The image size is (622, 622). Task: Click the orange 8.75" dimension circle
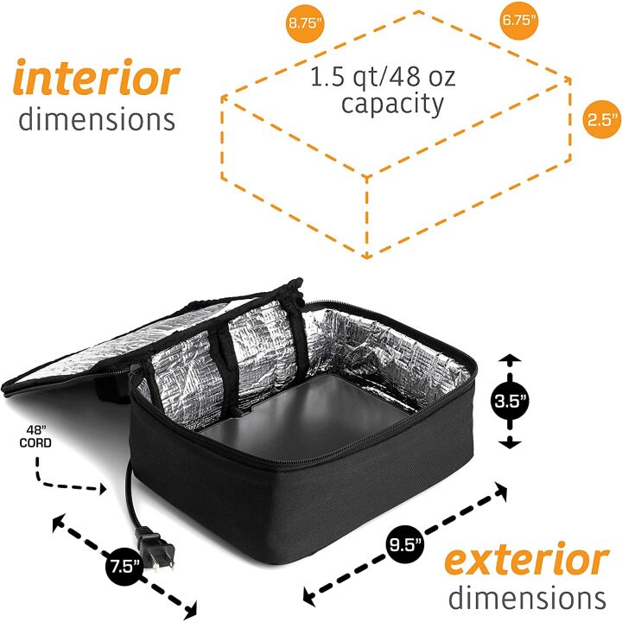pos(304,22)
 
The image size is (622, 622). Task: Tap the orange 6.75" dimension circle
pos(519,20)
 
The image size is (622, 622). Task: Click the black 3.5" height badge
pos(510,401)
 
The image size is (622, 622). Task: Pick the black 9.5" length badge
pos(404,544)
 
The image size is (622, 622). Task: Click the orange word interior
pos(97,77)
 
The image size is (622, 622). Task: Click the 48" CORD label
pos(35,436)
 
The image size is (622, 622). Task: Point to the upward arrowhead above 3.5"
pos(510,359)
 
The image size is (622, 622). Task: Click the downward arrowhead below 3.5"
pos(510,442)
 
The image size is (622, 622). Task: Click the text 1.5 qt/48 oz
pos(383,77)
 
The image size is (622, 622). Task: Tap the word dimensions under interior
pos(97,119)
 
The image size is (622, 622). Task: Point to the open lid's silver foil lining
pos(99,345)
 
